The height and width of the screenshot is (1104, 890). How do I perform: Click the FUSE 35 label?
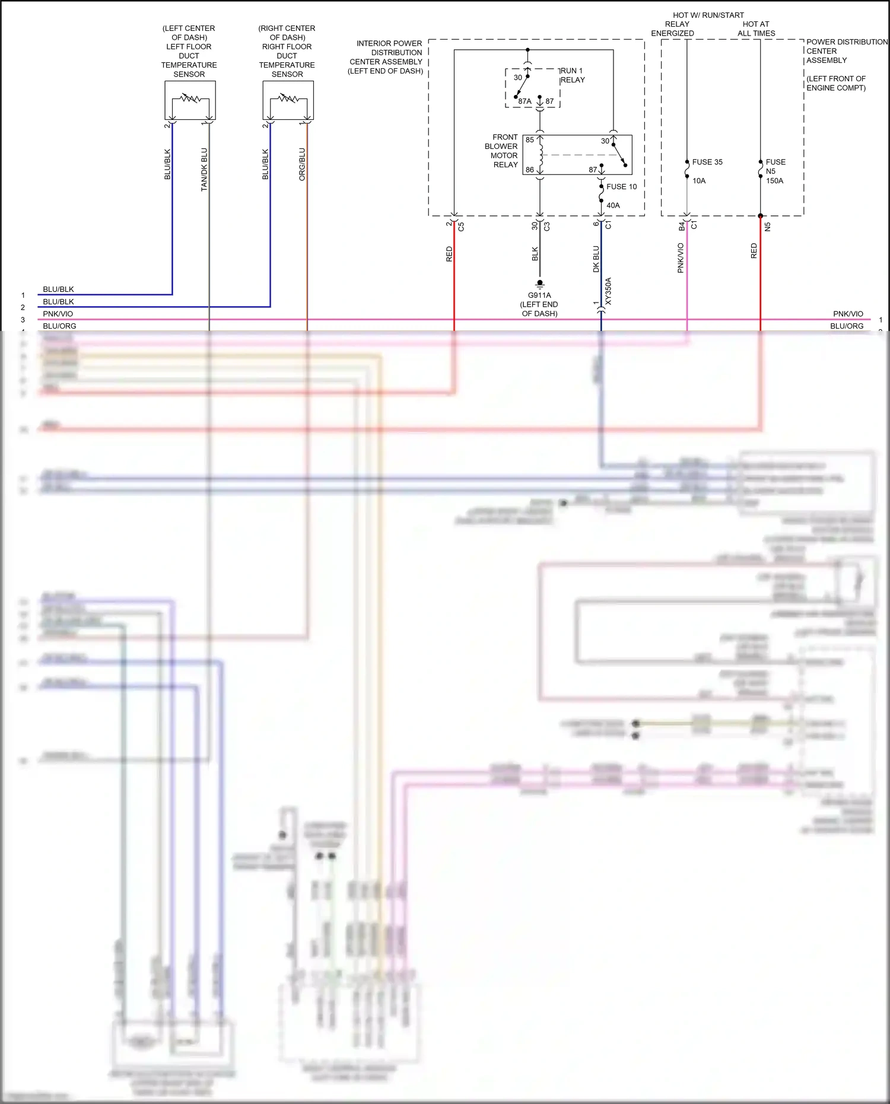tap(707, 162)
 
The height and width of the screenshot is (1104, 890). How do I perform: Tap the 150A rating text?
tap(774, 181)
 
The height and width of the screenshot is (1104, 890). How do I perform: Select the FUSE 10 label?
tap(621, 186)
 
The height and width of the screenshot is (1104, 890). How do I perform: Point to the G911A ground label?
tap(539, 295)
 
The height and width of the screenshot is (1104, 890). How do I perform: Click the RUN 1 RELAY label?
tap(573, 75)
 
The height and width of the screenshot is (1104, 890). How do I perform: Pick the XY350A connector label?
tap(608, 291)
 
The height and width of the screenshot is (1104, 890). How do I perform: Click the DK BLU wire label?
tap(596, 259)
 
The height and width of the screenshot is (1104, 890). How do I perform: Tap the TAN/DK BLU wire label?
tap(204, 169)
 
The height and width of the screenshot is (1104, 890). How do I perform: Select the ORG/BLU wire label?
tap(302, 164)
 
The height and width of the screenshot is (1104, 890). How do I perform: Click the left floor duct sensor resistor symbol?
tap(190, 98)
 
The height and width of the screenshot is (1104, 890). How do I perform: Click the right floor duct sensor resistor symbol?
tap(288, 98)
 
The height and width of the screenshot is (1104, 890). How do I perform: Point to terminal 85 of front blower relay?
tap(530, 140)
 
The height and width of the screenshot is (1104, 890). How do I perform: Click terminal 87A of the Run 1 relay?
tap(525, 101)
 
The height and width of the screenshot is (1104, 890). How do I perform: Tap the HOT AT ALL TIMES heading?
tap(756, 28)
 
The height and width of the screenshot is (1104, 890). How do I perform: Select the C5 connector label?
tap(461, 227)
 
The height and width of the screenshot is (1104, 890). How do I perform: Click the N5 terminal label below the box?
tap(767, 227)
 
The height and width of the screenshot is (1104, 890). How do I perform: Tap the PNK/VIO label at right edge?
tap(848, 314)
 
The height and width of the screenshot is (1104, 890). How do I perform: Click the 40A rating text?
tap(613, 205)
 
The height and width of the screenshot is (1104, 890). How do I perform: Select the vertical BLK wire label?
tap(535, 254)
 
